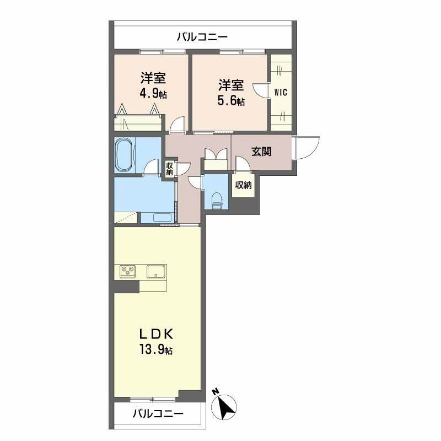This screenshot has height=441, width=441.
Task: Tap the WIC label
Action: pyautogui.click(x=281, y=92)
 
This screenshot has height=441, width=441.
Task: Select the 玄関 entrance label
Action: pyautogui.click(x=261, y=152)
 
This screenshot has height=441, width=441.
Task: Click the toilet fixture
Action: pyautogui.click(x=217, y=200)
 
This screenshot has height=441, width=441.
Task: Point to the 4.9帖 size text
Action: pyautogui.click(x=153, y=93)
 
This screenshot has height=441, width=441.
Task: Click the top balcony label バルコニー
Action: pyautogui.click(x=202, y=37)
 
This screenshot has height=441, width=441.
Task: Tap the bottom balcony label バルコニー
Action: pyautogui.click(x=158, y=414)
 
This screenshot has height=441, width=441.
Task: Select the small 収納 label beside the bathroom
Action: pyautogui.click(x=169, y=168)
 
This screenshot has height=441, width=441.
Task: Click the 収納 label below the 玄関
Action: pyautogui.click(x=243, y=185)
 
